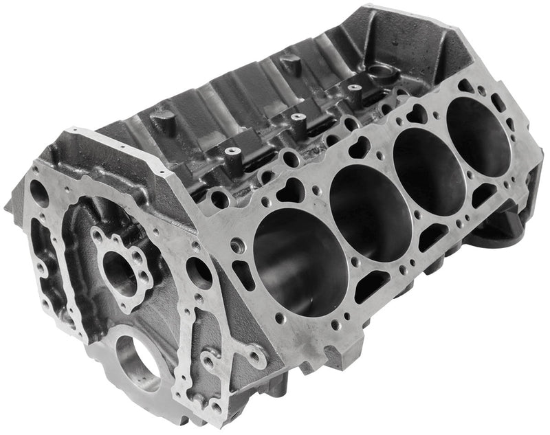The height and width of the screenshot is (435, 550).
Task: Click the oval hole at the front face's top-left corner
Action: (40, 194)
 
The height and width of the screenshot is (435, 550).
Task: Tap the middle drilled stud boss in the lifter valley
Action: (297, 118)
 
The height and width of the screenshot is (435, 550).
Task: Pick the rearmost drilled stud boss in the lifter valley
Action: (355, 88)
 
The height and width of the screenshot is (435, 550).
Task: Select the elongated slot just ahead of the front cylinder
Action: (243, 274)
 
